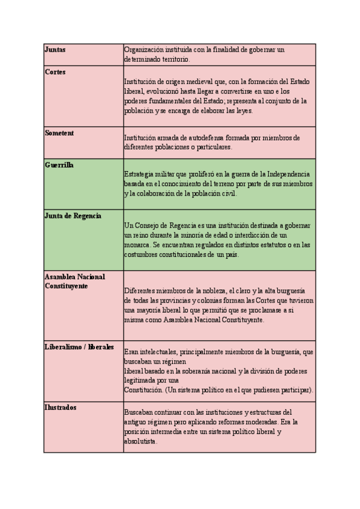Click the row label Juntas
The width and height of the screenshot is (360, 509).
[55, 49]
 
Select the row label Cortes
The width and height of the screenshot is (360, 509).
[55, 72]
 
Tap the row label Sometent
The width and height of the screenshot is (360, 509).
[59, 133]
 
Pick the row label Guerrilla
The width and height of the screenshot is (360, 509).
[59, 164]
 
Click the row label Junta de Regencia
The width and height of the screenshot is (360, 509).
[73, 215]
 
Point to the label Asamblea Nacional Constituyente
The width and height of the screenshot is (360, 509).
[75, 281]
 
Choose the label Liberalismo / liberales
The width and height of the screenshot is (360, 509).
[79, 347]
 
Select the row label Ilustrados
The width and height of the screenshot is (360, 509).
[61, 408]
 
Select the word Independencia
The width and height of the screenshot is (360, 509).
[285, 174]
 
